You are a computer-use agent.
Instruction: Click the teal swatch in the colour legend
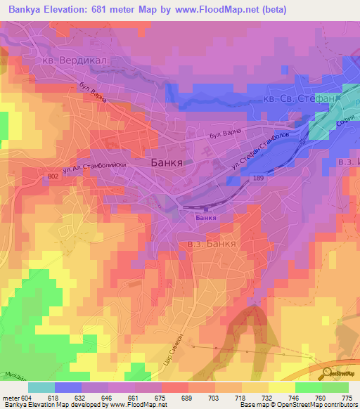[x=41, y=387]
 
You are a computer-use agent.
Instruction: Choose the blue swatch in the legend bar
[x=68, y=387]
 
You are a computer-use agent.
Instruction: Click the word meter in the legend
[x=8, y=397]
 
